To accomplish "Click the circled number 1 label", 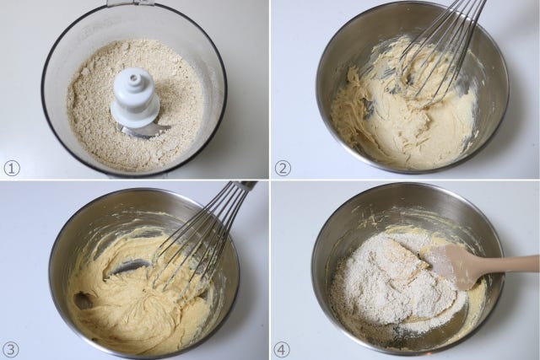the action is point(12,169).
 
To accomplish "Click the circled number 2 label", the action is point(283,169).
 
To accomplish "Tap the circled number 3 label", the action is point(11,350).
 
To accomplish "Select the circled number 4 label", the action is point(282,350).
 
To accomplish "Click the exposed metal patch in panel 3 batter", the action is point(128,266).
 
